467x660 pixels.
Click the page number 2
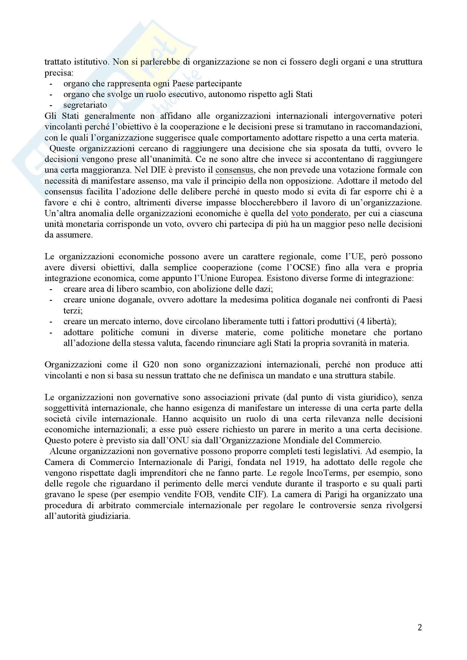coord(420,627)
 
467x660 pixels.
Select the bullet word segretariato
coord(85,105)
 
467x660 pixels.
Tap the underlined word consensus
coord(234,170)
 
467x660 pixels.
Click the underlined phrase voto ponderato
coord(320,214)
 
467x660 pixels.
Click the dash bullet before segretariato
coord(51,105)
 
